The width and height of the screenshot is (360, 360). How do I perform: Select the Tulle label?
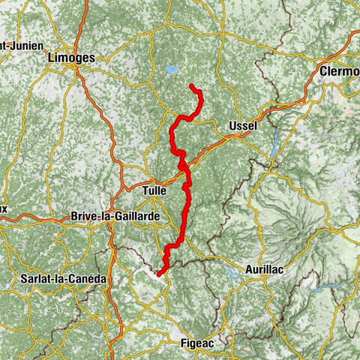pos(159,190)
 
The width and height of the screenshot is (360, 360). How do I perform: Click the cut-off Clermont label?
pos(338,72)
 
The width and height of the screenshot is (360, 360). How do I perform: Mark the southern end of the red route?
pos(159,273)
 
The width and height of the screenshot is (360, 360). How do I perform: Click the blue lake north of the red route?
pos(172,70)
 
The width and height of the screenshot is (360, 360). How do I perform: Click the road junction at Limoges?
pos(77,69)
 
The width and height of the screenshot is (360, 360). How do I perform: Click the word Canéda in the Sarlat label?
pos(91,278)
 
